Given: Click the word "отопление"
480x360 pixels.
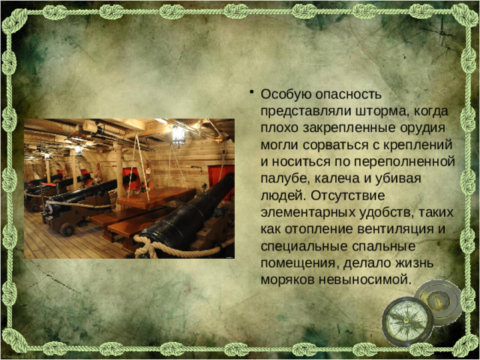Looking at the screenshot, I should click(x=319, y=229).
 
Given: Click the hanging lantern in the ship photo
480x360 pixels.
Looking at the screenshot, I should click(x=178, y=135).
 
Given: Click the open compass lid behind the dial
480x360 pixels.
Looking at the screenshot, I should click(x=441, y=300).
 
